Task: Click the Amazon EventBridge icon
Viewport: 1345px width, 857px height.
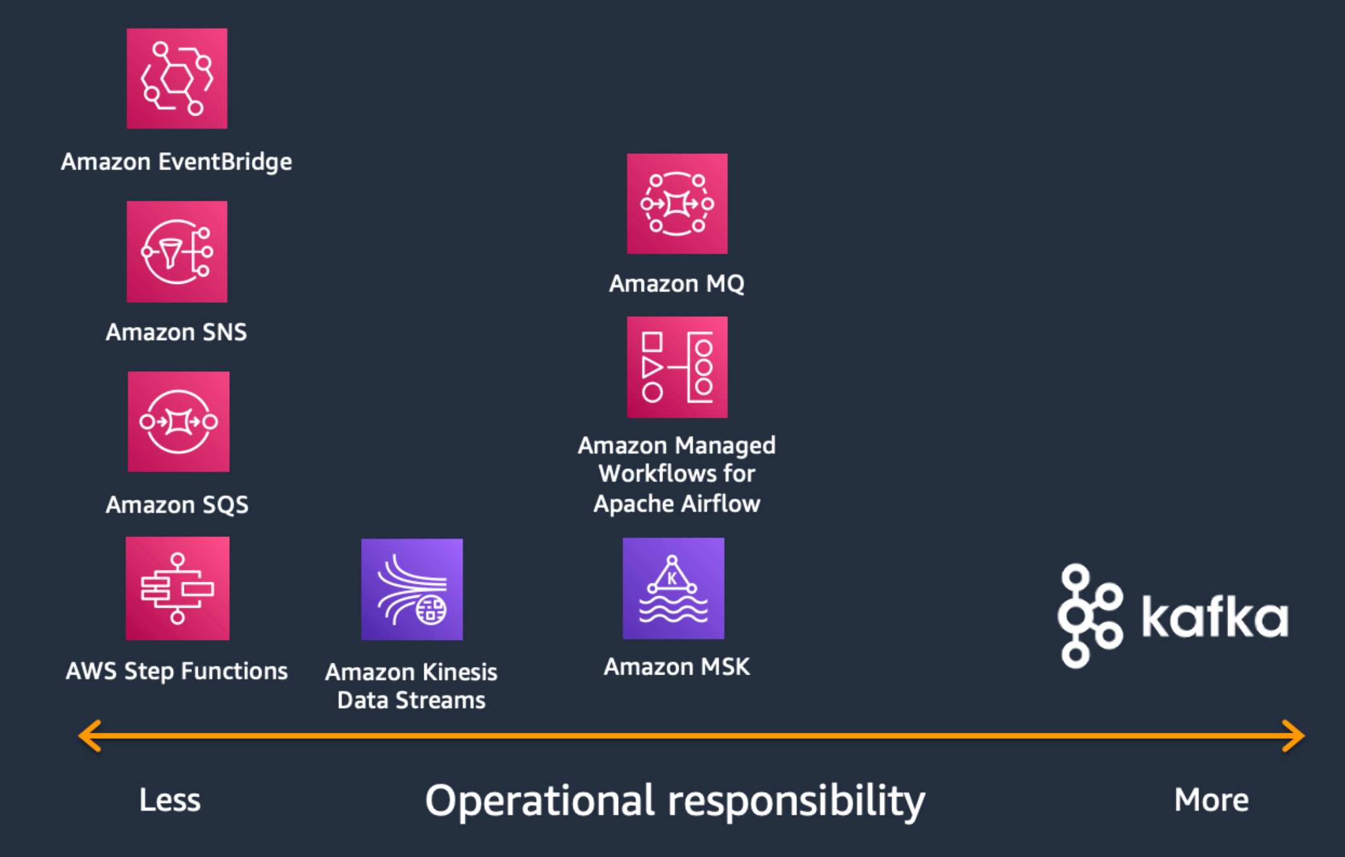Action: pos(177,78)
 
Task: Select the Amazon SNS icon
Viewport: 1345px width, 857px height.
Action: pos(177,251)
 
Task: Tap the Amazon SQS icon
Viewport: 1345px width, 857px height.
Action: pos(178,422)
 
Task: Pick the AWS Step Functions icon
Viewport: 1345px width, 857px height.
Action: pos(177,588)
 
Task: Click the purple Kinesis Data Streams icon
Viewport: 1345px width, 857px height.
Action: pos(412,589)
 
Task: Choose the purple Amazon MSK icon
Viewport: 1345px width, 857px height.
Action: pos(673,588)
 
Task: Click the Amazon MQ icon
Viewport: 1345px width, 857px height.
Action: pos(677,204)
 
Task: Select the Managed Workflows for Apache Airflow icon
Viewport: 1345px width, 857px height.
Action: pos(677,367)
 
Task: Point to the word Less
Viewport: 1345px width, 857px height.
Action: pos(169,800)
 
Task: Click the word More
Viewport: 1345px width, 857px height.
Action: pos(1211,800)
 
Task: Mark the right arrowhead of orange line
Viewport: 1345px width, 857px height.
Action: pos(1294,736)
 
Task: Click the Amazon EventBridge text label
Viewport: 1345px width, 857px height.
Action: pos(176,162)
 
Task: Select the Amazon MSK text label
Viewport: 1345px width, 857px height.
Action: pos(676,667)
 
